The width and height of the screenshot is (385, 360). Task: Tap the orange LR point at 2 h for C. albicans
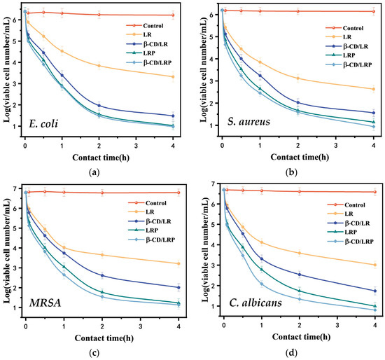298,254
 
